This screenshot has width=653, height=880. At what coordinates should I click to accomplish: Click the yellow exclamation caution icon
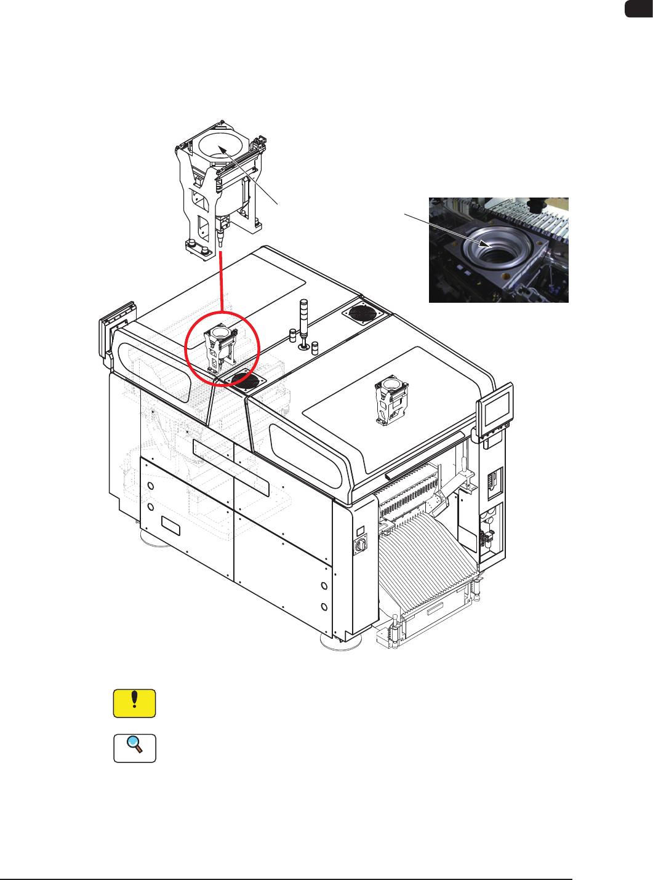[134, 703]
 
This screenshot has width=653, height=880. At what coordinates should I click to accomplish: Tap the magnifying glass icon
[134, 748]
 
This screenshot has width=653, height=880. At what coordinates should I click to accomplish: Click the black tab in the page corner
[639, 9]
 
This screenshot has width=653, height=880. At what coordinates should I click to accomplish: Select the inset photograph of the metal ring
[499, 250]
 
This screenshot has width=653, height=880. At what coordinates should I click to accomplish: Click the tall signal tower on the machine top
[303, 323]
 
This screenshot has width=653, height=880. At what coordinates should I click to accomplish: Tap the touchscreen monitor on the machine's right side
[496, 406]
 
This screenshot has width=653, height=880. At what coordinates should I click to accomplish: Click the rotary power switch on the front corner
[361, 543]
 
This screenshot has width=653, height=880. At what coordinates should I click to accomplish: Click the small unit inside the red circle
[221, 348]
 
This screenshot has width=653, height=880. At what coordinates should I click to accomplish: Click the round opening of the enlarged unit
[220, 148]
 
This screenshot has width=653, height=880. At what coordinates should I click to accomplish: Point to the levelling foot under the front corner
[340, 642]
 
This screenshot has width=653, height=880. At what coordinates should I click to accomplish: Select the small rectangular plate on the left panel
[170, 526]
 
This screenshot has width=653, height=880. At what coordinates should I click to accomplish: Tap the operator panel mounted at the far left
[108, 335]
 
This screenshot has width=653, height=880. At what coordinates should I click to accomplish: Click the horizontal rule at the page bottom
[286, 879]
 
